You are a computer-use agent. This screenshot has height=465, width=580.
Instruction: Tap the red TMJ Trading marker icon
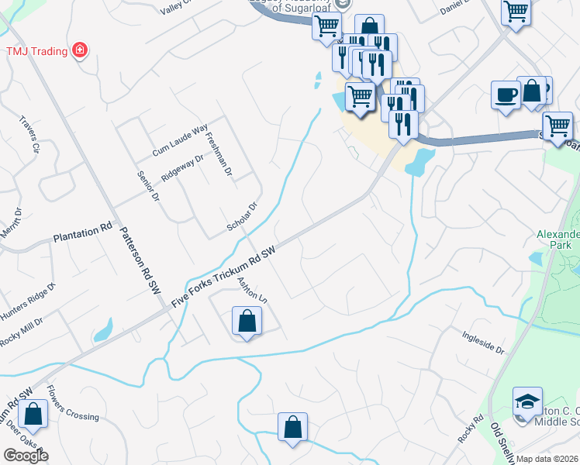tap(79, 51)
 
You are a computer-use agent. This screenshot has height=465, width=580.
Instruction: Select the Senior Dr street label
tap(147, 186)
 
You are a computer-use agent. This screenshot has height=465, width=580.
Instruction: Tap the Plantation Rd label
tap(82, 232)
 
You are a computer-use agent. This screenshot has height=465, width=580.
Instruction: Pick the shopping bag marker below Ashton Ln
tap(246, 321)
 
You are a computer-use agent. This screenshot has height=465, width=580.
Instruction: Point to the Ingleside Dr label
tap(483, 343)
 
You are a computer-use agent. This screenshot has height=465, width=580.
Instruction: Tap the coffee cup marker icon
tap(506, 95)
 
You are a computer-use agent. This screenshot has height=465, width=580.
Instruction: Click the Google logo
tap(26, 456)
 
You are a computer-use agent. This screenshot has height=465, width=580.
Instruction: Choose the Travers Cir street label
tap(29, 136)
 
